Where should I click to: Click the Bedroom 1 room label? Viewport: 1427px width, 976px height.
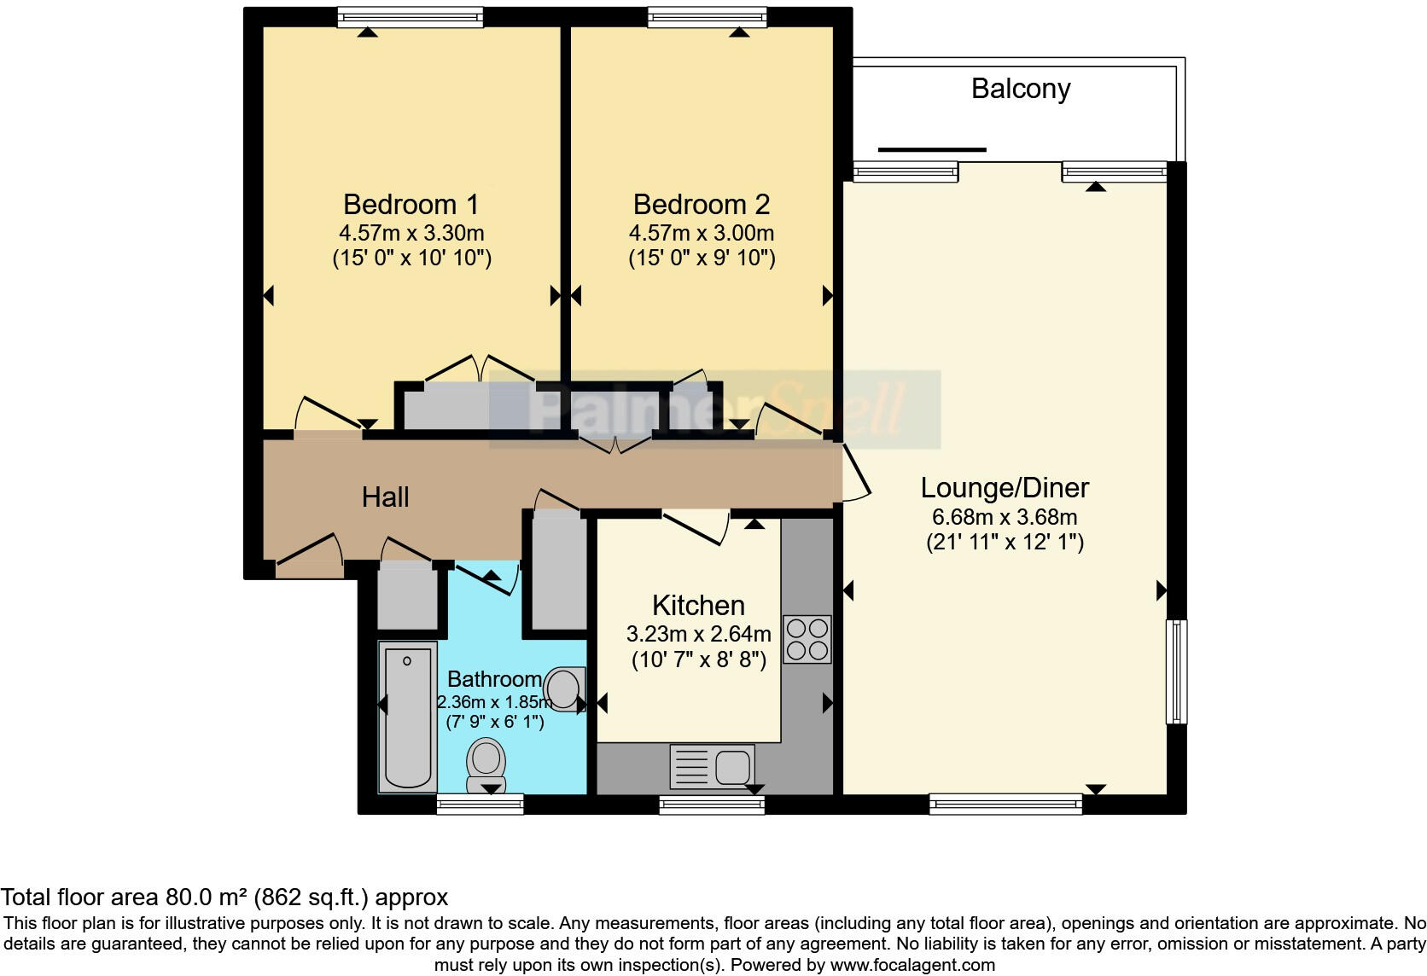tap(411, 205)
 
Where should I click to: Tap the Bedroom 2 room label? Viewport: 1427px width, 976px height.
tap(701, 205)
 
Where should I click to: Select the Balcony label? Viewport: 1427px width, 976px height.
tap(1020, 89)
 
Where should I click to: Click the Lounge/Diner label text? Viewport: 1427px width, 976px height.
tap(1005, 488)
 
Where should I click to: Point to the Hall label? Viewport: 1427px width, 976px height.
tap(385, 497)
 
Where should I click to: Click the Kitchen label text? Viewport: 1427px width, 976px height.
tap(698, 606)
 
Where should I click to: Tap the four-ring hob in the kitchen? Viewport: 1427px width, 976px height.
tap(807, 639)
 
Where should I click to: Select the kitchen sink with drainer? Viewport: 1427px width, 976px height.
tap(712, 766)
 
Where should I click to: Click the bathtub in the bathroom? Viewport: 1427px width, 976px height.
tap(408, 717)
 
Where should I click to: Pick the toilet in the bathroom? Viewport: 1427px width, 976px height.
tap(486, 763)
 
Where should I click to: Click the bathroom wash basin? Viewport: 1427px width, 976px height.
tap(565, 687)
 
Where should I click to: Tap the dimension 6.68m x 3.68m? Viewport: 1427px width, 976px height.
tap(1005, 517)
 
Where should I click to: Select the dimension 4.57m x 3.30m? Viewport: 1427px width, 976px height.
tap(411, 233)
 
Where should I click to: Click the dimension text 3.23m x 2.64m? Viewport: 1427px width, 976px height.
tap(698, 634)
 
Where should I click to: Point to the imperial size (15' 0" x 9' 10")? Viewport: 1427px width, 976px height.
tap(702, 258)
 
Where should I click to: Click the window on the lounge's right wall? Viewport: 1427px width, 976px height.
tap(1176, 671)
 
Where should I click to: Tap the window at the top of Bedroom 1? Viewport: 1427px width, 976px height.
tap(410, 16)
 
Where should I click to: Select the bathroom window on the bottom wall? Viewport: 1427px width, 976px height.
tap(480, 804)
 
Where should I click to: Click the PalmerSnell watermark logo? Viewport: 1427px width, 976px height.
tap(714, 410)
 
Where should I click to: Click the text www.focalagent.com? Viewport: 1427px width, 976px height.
tap(912, 966)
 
